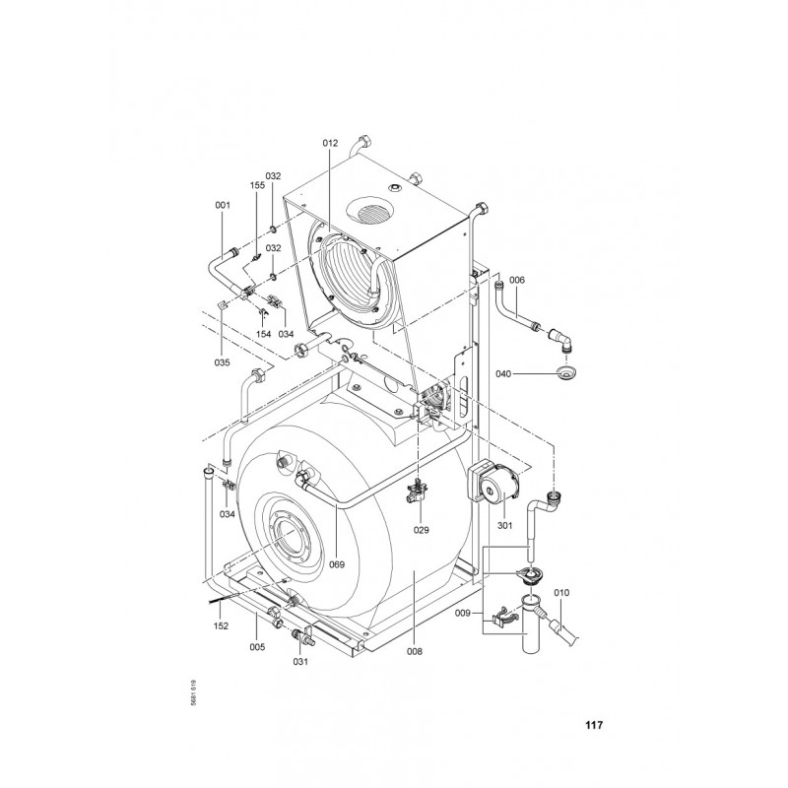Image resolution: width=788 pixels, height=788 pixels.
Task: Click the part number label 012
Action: tap(330, 143)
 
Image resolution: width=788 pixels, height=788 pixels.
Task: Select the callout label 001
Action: tap(223, 205)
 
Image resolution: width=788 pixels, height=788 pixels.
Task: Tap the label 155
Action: tap(257, 185)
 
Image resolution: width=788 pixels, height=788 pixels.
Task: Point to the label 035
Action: tap(222, 362)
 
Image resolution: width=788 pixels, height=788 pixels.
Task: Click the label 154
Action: tap(263, 334)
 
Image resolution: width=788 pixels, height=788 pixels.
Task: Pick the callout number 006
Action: tap(517, 280)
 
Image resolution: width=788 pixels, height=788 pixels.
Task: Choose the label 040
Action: tap(503, 374)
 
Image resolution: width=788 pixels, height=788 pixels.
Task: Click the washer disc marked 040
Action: tap(566, 373)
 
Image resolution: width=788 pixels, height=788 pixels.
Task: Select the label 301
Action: tap(504, 526)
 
